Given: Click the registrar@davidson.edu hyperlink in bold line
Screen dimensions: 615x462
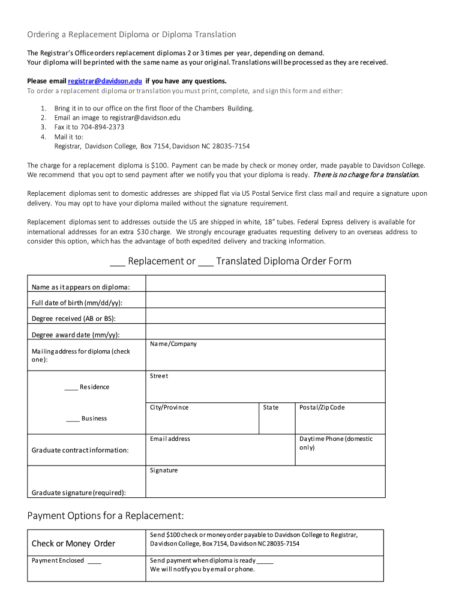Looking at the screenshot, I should [x=105, y=81].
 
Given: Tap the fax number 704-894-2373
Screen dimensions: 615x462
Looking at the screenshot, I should [x=102, y=127].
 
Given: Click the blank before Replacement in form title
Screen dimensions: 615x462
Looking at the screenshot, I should [x=117, y=262].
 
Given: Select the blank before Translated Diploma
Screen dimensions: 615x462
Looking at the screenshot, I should [x=205, y=262].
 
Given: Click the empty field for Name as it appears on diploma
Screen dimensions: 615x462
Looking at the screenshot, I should [x=265, y=283].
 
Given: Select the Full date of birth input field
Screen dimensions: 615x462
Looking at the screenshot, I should [x=265, y=300].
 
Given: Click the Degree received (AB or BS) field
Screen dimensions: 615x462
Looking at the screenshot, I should [x=265, y=316].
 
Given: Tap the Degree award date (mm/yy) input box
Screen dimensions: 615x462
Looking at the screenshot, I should [x=265, y=332].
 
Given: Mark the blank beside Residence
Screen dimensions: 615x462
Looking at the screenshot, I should [x=71, y=387].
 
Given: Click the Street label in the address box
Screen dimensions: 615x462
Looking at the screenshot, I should [x=159, y=376].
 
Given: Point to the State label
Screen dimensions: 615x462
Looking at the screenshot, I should [x=271, y=408].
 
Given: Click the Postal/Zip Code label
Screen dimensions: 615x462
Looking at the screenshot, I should [x=322, y=408].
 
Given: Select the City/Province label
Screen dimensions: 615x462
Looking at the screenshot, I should [x=169, y=408].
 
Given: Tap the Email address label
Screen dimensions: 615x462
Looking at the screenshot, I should [x=170, y=439].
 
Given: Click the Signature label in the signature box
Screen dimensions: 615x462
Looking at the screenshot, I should [x=164, y=470].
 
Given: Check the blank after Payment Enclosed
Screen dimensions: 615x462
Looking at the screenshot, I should [x=94, y=561].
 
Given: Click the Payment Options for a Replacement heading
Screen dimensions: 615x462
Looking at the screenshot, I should [x=105, y=516].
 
